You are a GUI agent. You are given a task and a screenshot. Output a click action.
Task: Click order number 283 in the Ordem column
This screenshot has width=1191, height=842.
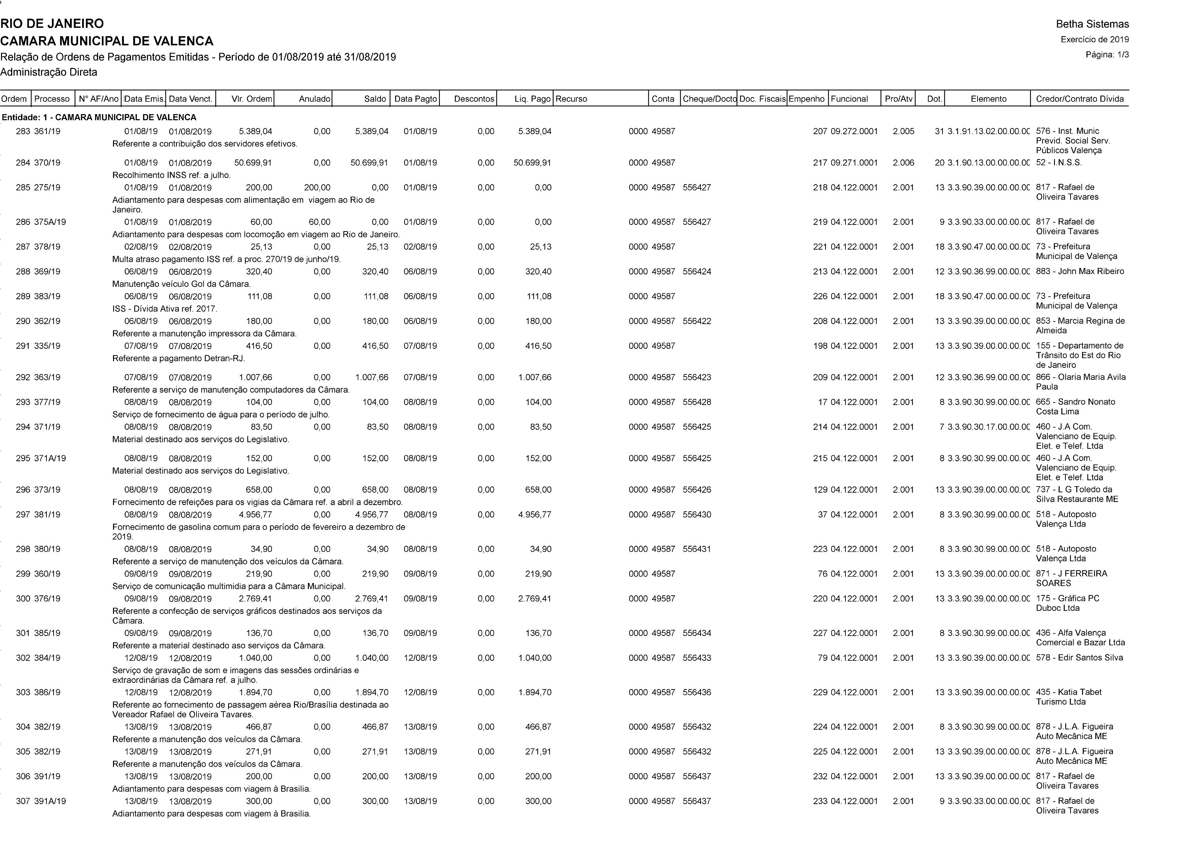pos(23,132)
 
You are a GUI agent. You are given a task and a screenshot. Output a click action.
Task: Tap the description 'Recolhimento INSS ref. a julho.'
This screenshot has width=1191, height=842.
pos(171,175)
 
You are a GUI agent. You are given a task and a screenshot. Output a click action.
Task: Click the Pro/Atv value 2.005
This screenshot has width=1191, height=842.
pos(903,132)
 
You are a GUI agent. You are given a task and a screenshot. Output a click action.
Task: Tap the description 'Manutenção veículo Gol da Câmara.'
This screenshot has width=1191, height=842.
pos(182,284)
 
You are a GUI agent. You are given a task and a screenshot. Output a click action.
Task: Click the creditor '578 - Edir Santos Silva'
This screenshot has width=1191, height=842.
pos(1079,658)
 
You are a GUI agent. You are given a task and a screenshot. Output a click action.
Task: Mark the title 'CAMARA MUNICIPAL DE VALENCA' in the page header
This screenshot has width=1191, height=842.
pos(107,41)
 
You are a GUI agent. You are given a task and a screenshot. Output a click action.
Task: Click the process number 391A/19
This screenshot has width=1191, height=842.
pos(50,801)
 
